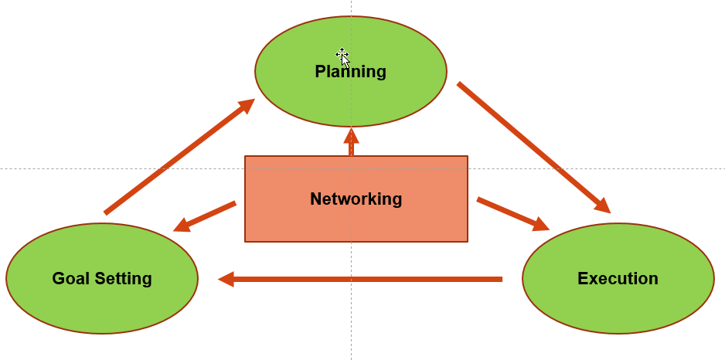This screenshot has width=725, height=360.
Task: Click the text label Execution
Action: tap(618, 279)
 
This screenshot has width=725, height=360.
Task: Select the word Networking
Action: tap(356, 199)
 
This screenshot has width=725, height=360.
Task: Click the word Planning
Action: tap(350, 72)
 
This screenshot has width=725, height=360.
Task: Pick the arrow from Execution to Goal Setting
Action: tap(363, 279)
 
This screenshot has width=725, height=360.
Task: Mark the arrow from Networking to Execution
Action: tap(510, 213)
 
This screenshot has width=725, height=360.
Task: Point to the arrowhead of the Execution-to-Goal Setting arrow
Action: tap(226, 279)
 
